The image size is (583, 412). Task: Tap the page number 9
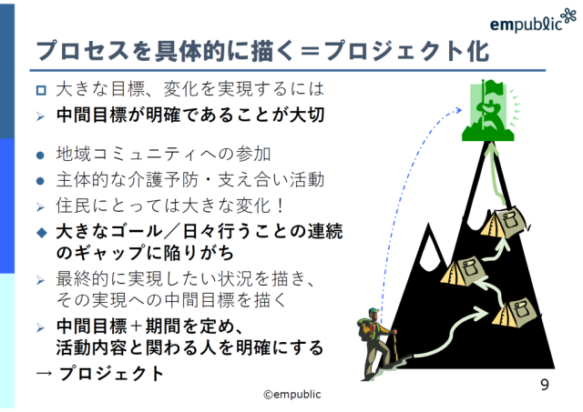tap(545, 385)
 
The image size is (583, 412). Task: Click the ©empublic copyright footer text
tap(292, 394)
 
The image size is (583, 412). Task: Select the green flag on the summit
tap(487, 110)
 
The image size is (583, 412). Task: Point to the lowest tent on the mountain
tap(514, 312)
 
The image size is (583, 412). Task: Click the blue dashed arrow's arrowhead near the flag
tap(458, 110)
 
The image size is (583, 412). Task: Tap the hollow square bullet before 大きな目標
tap(41, 90)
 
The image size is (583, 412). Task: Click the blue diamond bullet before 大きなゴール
tap(42, 233)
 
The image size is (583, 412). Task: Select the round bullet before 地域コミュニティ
tap(40, 156)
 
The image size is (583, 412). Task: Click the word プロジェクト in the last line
tap(111, 374)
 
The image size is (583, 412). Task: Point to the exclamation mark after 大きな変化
tap(281, 206)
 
